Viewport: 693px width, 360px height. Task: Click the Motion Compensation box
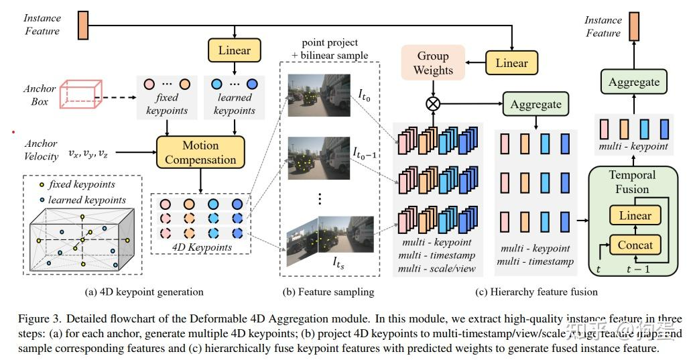point(200,153)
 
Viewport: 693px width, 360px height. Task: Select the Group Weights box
point(433,63)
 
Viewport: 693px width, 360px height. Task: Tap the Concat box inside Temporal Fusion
point(635,244)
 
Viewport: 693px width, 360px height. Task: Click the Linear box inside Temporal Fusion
point(635,215)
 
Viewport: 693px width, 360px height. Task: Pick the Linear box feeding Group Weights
point(511,63)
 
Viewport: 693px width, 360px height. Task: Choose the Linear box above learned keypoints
point(234,50)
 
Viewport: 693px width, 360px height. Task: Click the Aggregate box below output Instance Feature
point(633,82)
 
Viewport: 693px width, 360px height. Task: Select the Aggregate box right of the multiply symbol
point(535,105)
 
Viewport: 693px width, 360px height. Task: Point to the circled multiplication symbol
point(434,103)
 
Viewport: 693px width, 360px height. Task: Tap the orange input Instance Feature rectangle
point(83,25)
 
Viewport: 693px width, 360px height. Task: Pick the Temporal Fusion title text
point(633,182)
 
